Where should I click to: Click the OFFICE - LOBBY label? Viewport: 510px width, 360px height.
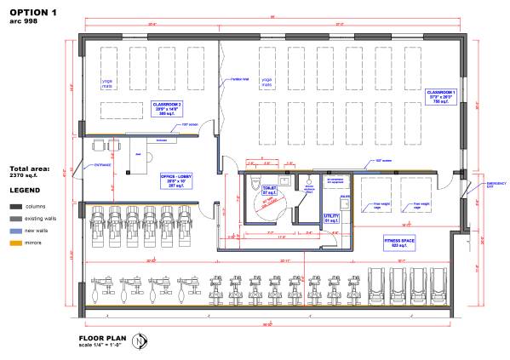coord(175,182)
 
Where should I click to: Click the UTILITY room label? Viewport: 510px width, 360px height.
coord(331,219)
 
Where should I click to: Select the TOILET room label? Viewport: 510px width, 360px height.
coord(270,189)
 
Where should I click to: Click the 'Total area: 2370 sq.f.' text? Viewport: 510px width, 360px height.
coord(31,173)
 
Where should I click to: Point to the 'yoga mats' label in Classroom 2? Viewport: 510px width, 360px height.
coord(113,83)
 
